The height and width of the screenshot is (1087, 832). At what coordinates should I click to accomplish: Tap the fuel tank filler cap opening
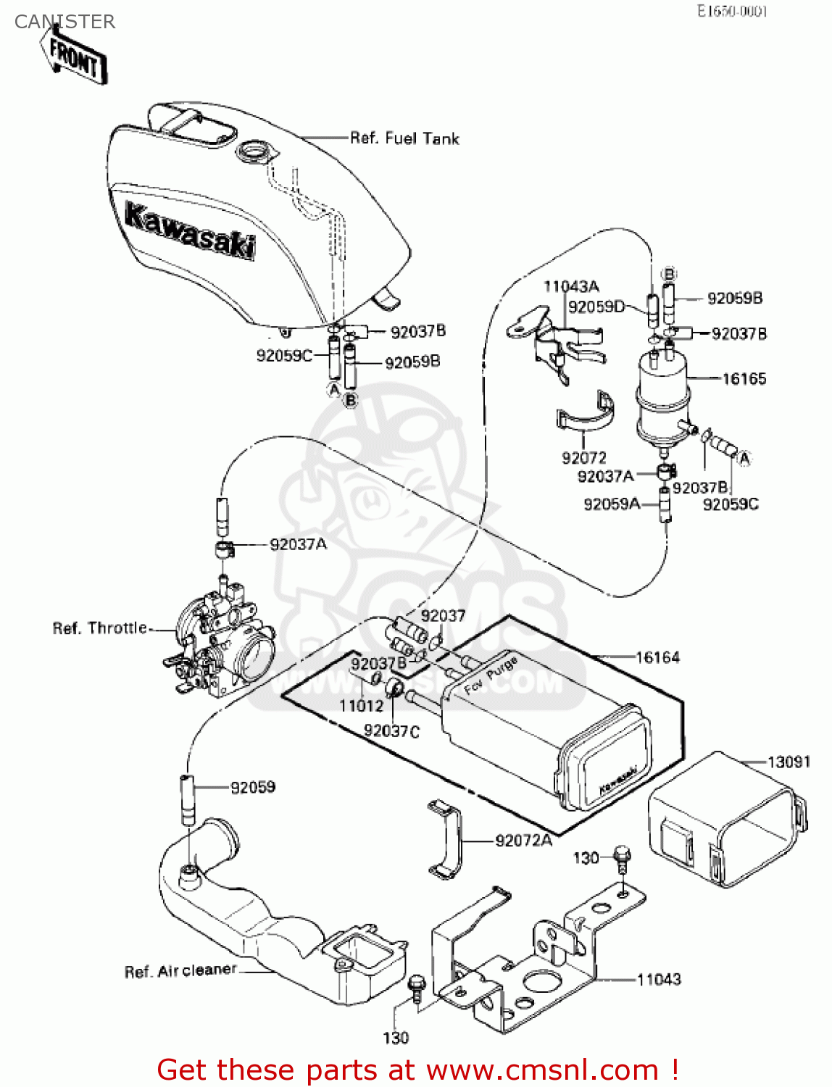coord(254,153)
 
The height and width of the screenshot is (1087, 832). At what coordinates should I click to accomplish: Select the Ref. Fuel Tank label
coord(404,138)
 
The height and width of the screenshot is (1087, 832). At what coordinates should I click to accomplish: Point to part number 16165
coord(744,379)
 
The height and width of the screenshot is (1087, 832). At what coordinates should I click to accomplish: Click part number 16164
coord(657,658)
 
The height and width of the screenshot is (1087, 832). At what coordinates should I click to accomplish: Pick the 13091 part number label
coord(789,762)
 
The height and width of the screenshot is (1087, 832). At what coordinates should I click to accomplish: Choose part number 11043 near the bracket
coord(659,980)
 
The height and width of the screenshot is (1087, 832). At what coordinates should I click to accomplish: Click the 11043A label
coord(571,287)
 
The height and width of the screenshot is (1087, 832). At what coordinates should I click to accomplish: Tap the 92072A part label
coord(523,841)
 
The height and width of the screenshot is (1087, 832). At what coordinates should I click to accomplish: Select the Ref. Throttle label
coord(99,628)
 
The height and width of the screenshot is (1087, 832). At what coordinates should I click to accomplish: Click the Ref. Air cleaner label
coord(180,971)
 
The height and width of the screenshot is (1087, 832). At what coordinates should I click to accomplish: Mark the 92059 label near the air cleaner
coord(253,787)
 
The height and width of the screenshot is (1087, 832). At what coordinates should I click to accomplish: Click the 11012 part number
coord(361,706)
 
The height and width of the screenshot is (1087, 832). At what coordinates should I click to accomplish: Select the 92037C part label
coord(391,731)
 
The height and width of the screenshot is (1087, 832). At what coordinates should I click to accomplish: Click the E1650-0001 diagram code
coord(732,12)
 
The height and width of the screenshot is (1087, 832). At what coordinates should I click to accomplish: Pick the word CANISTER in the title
coord(65,22)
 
